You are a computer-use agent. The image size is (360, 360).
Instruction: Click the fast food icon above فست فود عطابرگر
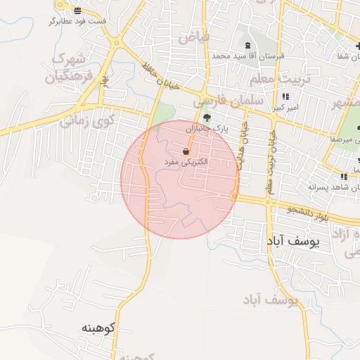tap(77, 11)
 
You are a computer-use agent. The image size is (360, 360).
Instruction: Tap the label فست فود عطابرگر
tap(77, 21)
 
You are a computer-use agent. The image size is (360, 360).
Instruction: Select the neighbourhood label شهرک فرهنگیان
tap(69, 67)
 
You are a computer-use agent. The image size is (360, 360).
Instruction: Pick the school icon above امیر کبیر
tap(285, 97)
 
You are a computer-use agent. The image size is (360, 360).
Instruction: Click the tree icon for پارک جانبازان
tap(206, 118)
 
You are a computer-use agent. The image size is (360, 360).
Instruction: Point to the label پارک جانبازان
tap(208, 129)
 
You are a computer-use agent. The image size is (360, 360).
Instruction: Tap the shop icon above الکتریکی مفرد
tap(186, 151)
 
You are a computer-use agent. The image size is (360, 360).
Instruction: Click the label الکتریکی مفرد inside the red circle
tap(185, 162)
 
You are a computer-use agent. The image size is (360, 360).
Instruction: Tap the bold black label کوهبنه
tap(98, 328)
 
